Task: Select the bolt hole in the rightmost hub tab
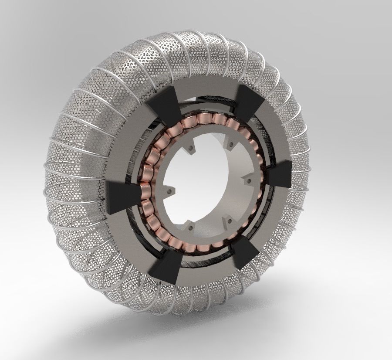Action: pos(247,179)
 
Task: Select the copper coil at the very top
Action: pos(205,119)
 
